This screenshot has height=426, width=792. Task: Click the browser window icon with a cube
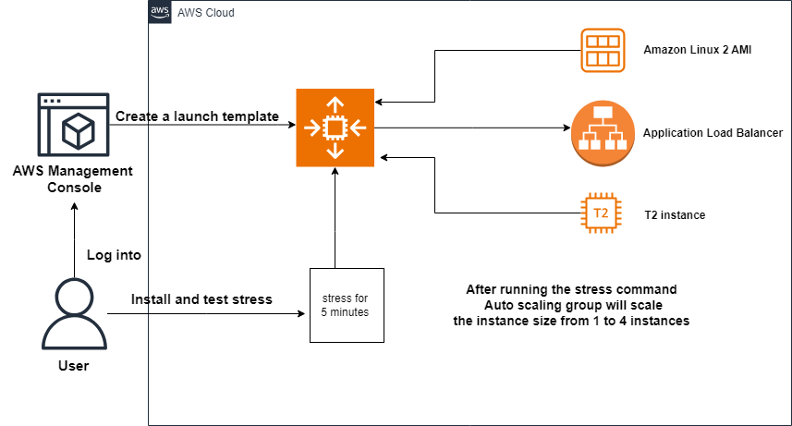click(73, 125)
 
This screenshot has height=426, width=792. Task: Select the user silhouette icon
click(74, 314)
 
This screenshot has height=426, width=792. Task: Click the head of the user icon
click(74, 298)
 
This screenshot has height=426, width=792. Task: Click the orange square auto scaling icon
click(335, 128)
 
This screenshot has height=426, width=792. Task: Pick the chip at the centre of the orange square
click(335, 128)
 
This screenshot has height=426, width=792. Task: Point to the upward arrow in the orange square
click(335, 103)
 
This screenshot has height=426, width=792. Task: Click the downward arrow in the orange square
click(335, 152)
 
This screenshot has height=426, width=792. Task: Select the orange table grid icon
click(603, 50)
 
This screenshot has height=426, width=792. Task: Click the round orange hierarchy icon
click(603, 133)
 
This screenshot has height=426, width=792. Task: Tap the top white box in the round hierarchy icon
click(603, 114)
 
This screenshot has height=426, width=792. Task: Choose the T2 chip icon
click(601, 213)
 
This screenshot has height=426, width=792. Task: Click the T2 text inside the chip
click(601, 213)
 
